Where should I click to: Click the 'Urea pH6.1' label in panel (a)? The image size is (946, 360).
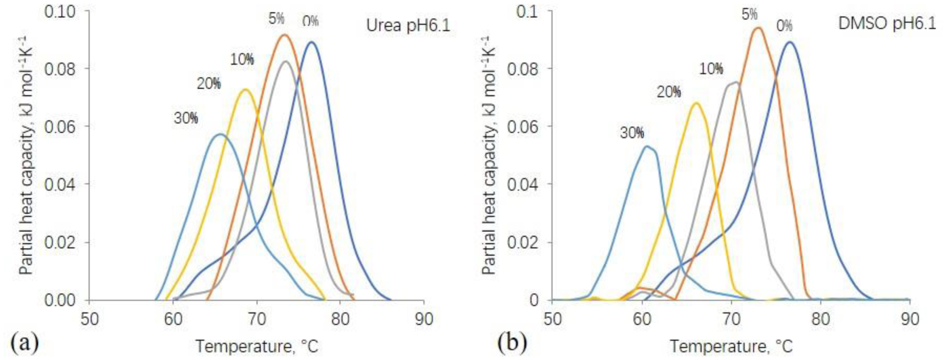(408, 25)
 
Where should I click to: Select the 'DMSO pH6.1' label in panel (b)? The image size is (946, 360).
(887, 24)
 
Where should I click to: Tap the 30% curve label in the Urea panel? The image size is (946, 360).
(186, 119)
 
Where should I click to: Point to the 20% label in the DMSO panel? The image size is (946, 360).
(668, 92)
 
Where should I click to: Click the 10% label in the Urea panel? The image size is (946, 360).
(241, 60)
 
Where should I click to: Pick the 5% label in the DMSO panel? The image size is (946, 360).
(749, 15)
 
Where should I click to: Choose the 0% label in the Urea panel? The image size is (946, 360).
(310, 21)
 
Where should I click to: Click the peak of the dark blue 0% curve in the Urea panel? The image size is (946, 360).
(312, 42)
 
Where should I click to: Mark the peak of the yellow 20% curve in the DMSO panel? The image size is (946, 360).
(696, 103)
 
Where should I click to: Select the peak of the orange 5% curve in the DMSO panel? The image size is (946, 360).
(758, 28)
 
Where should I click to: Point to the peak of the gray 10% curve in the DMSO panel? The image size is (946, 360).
(736, 82)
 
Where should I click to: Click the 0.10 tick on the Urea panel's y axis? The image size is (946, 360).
(60, 12)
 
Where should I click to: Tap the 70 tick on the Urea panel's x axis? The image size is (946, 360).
(257, 319)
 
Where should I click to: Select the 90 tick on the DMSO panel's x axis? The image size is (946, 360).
(909, 319)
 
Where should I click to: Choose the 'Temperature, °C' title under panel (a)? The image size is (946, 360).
(257, 346)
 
